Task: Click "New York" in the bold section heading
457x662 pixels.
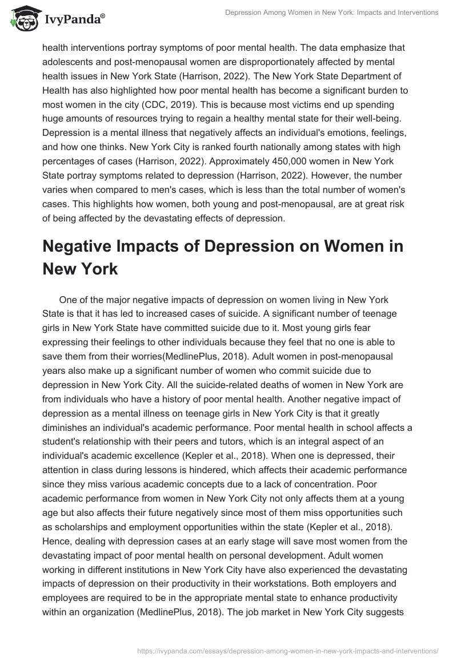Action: (x=80, y=269)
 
